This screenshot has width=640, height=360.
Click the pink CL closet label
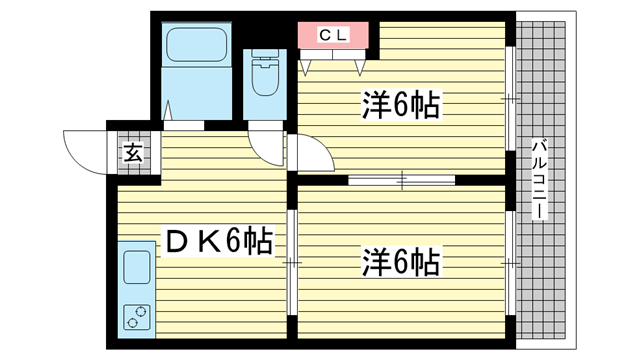[333, 35]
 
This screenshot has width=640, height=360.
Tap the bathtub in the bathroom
[197, 44]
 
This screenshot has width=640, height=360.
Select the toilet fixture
[265, 73]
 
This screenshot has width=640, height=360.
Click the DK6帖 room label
[219, 242]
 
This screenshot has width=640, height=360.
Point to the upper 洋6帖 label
[400, 105]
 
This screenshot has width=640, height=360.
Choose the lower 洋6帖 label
[400, 263]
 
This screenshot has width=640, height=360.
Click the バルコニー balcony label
[540, 179]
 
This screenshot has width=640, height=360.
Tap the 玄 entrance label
[133, 153]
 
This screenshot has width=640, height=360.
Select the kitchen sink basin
[137, 267]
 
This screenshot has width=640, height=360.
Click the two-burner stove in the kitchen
[137, 317]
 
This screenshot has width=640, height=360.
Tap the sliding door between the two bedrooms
[402, 180]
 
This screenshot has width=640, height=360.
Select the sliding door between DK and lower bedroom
[292, 262]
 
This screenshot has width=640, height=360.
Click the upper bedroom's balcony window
[510, 99]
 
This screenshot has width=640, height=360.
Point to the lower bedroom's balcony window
[510, 263]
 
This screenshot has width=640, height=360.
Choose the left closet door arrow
[306, 68]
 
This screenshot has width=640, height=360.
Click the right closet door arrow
[359, 68]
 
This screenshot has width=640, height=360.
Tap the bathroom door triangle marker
[167, 110]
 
